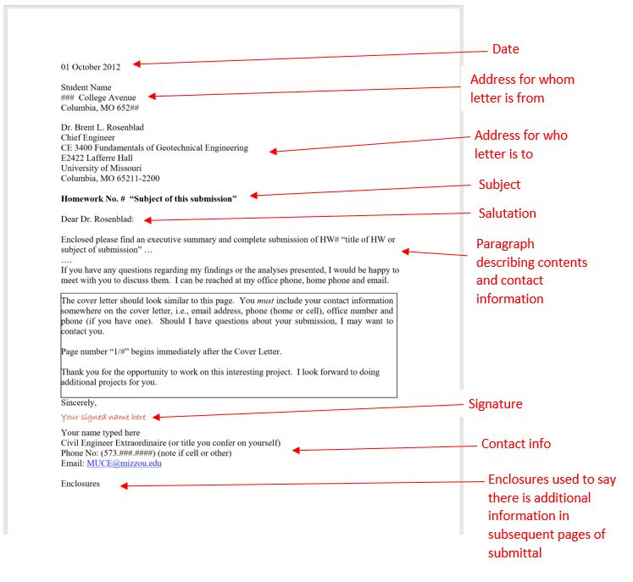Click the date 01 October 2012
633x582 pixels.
tap(91, 66)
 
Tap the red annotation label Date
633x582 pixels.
tap(505, 49)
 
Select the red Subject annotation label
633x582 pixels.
tap(499, 185)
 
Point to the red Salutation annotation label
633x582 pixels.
tap(507, 213)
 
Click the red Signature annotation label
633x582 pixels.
tap(495, 404)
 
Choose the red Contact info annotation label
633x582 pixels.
tap(515, 444)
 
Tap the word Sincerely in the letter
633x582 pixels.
tap(78, 403)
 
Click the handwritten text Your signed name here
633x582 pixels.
tap(103, 418)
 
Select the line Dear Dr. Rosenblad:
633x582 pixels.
tap(103, 220)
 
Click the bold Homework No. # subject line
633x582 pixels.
tap(148, 198)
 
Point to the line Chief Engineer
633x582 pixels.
tap(88, 137)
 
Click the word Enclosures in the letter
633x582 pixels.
tap(80, 484)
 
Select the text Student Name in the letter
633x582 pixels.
tap(86, 87)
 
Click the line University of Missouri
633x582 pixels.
tap(101, 168)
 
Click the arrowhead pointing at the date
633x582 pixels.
tap(136, 64)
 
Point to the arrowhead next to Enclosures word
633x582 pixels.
tap(124, 485)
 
